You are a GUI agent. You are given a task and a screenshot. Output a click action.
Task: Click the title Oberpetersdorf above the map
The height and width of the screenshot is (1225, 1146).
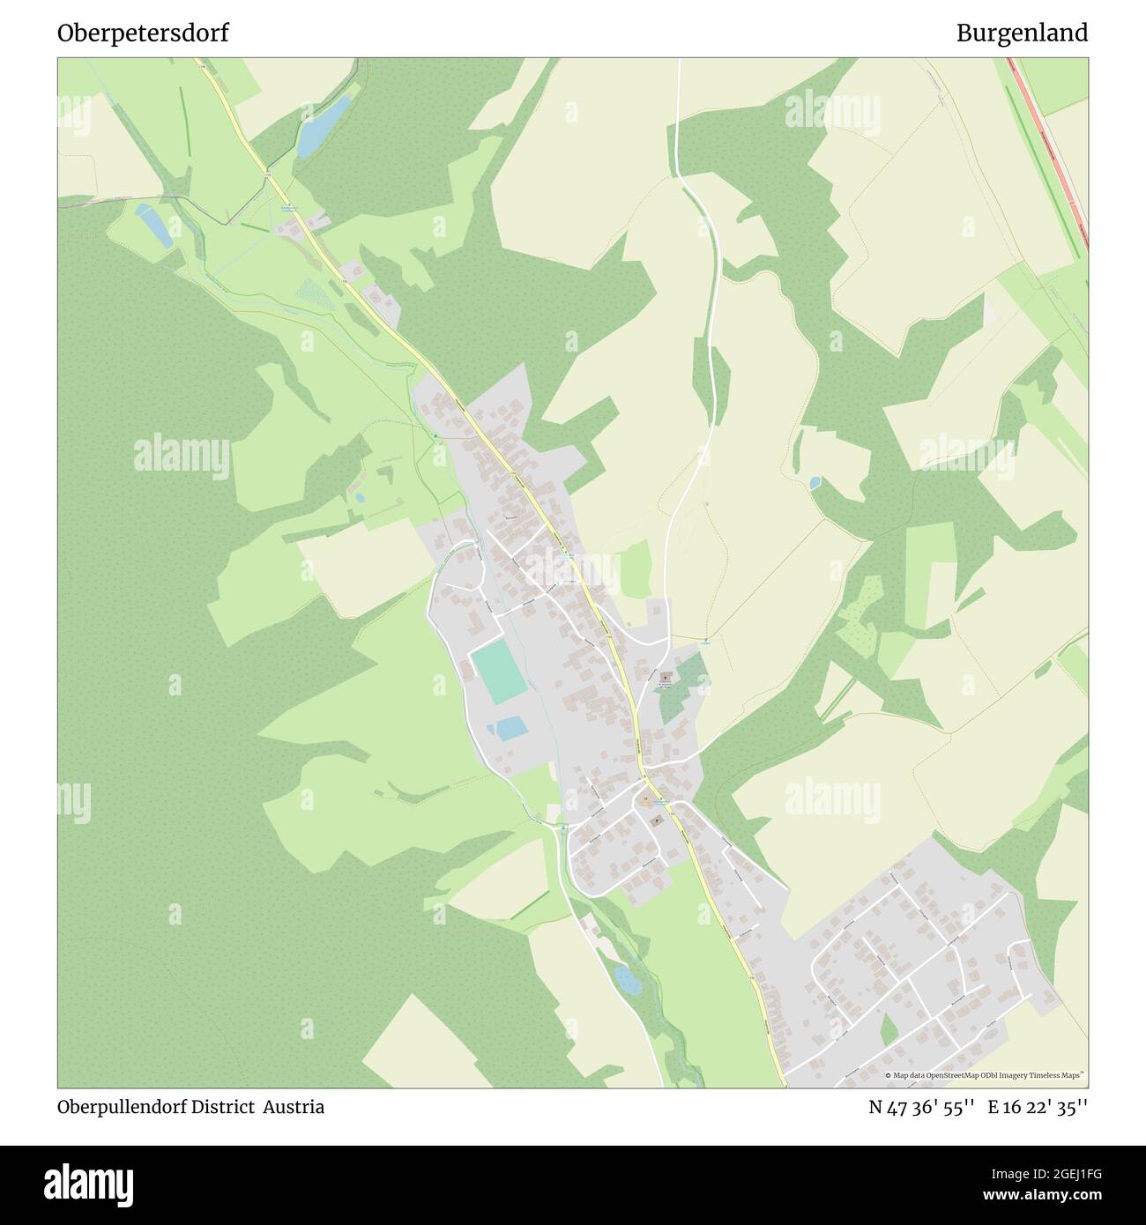143,33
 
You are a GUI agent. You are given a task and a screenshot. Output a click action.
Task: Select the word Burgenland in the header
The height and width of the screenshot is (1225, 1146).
1022,33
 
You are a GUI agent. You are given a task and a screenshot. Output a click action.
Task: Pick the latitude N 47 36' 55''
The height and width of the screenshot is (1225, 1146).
921,1107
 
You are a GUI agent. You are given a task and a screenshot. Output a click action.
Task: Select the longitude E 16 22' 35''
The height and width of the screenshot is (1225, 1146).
1038,1107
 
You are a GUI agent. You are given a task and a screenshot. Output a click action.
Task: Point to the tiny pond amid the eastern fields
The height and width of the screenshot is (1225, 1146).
815,482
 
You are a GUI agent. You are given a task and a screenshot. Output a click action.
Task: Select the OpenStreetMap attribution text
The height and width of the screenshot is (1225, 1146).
986,1075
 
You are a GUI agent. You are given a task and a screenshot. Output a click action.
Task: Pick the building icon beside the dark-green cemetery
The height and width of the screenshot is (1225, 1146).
665,677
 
